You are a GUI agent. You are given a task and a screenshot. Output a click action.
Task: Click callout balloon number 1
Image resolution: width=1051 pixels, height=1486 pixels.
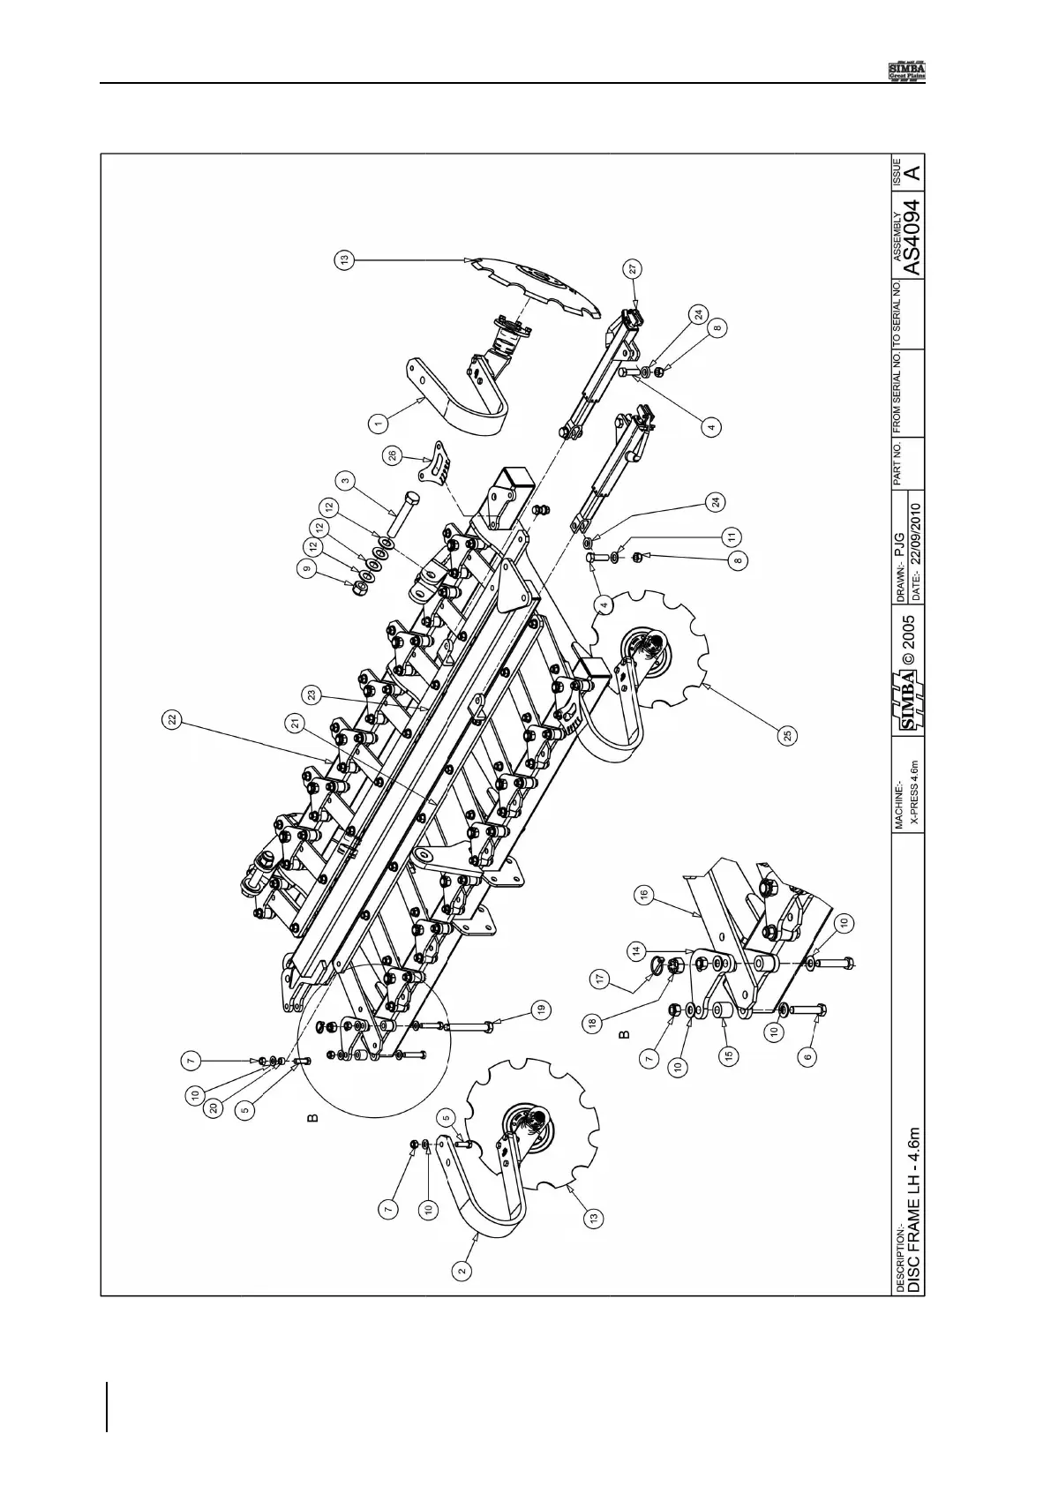378,424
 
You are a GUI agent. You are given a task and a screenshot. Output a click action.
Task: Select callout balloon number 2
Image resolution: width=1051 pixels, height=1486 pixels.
462,1272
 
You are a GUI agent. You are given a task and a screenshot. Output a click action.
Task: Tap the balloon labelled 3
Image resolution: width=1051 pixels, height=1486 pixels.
346,483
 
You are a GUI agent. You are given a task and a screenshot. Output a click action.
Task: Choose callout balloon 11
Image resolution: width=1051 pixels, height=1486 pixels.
730,537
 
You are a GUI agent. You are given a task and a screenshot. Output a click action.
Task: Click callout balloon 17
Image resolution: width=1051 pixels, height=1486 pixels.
600,978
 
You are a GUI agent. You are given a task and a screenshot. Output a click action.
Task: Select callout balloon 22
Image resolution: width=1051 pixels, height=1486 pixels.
173,720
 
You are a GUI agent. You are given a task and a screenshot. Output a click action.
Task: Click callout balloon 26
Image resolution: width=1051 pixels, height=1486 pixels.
394,455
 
